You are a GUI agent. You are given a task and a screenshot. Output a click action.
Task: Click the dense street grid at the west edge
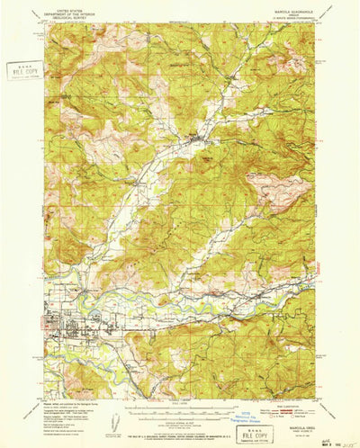pyautogui.click(x=54, y=325)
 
